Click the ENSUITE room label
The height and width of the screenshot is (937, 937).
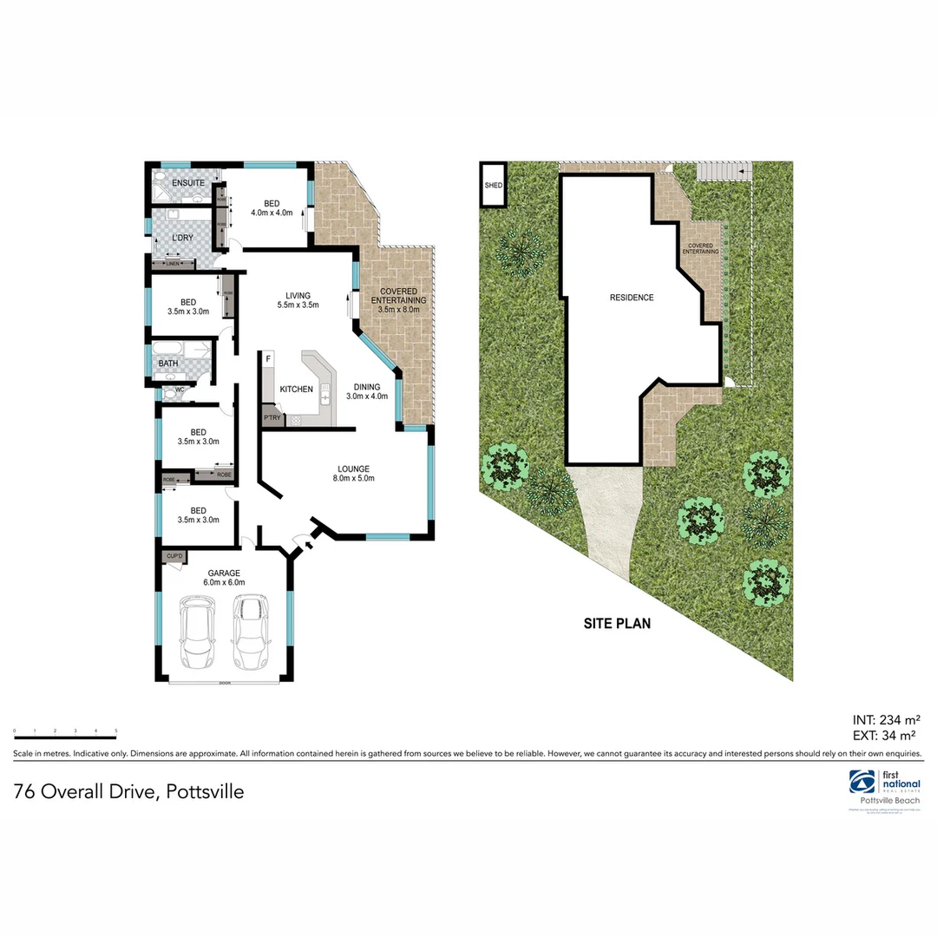pyautogui.click(x=188, y=183)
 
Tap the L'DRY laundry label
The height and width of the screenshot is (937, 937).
pyautogui.click(x=182, y=238)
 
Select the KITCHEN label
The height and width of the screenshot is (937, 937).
pyautogui.click(x=296, y=390)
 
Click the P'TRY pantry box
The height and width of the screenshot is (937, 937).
pyautogui.click(x=272, y=418)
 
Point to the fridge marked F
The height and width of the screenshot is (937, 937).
pyautogui.click(x=269, y=358)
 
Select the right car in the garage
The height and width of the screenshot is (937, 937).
pyautogui.click(x=250, y=632)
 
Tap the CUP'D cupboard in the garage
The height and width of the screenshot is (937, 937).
pyautogui.click(x=174, y=556)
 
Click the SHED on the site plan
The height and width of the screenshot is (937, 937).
pyautogui.click(x=494, y=185)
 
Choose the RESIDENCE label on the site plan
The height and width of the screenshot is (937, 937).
pyautogui.click(x=632, y=298)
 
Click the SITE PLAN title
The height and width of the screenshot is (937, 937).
pyautogui.click(x=615, y=623)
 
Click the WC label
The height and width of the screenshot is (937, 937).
pyautogui.click(x=180, y=390)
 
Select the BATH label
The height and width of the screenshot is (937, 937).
pyautogui.click(x=168, y=364)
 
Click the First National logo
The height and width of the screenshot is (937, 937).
pyautogui.click(x=884, y=783)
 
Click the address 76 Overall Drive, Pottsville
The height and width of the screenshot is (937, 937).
pyautogui.click(x=128, y=791)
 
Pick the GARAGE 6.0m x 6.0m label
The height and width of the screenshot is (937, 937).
pyautogui.click(x=223, y=578)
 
